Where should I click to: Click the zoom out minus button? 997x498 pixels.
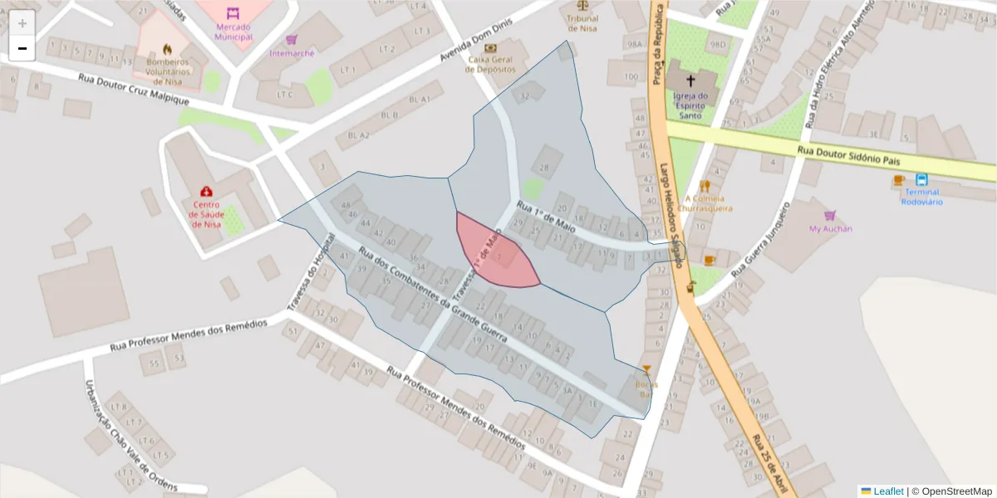point(22,48)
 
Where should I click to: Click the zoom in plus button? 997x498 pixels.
point(22,22)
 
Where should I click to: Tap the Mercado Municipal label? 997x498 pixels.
point(233,32)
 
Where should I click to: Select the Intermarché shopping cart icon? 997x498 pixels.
point(292,39)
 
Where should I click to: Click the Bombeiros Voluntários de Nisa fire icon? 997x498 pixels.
point(167,49)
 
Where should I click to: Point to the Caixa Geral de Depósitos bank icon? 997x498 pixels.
point(489,48)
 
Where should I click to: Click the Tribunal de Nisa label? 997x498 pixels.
point(582,23)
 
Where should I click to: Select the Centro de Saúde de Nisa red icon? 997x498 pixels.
point(206,192)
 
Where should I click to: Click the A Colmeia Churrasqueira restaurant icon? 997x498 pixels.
point(705,186)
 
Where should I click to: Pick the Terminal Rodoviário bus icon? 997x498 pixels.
point(921,179)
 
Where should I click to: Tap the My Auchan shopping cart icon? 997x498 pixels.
point(830,215)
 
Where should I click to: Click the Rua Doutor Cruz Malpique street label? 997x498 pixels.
point(134,89)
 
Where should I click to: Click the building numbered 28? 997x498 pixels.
point(545,168)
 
